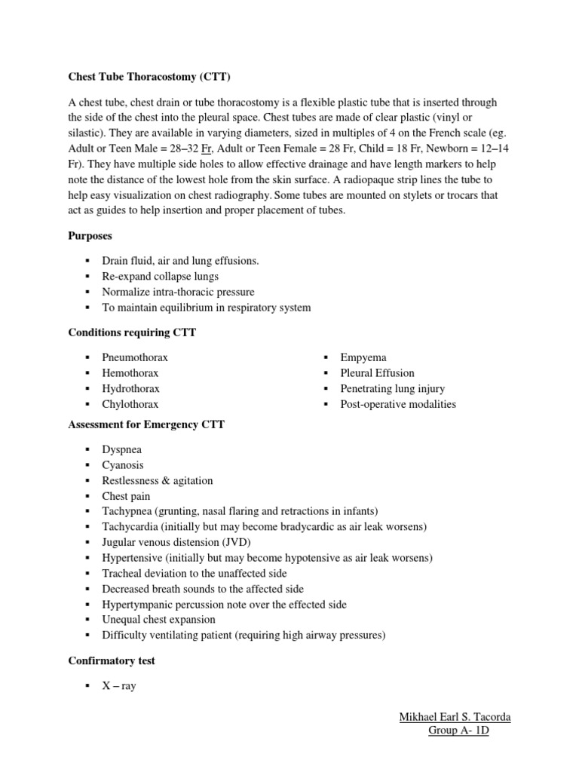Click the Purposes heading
coord(91,236)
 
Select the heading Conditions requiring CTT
coord(132,332)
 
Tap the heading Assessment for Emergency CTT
coord(146,424)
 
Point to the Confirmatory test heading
coord(112,660)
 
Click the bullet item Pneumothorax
coord(135,357)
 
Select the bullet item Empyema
coord(363,357)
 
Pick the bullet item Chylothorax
coord(130,404)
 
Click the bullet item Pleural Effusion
coord(377,373)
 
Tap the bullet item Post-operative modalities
coord(398,404)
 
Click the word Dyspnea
coord(122,449)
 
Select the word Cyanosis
coord(123,465)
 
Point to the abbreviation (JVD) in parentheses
coord(235,543)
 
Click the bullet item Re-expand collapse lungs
coord(161,277)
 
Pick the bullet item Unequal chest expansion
coord(158,620)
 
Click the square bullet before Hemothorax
coord(87,373)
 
